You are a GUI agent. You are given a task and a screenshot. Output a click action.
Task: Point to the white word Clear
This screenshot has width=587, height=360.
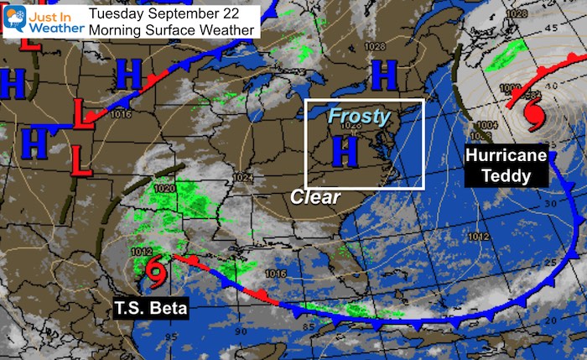pyautogui.click(x=315, y=197)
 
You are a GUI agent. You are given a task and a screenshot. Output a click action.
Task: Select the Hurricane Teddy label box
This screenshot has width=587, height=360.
pyautogui.click(x=506, y=166)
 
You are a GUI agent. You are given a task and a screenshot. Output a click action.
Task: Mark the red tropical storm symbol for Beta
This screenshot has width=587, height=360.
pyautogui.click(x=155, y=269)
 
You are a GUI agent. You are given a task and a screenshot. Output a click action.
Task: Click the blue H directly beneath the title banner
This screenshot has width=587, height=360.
pyautogui.click(x=129, y=75)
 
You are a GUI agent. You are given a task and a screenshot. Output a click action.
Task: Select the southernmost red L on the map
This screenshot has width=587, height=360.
pyautogui.click(x=80, y=159)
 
